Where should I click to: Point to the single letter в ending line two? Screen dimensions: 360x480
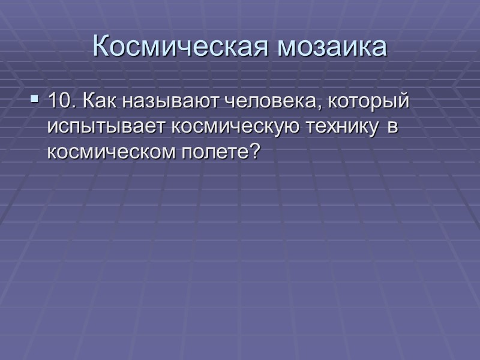tap(392, 128)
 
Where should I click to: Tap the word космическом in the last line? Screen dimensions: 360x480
tap(112, 153)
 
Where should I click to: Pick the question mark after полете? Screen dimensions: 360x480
tap(254, 152)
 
